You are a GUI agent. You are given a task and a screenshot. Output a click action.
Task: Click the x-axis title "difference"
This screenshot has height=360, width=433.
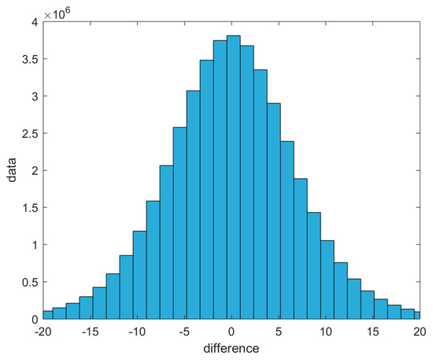[232, 347]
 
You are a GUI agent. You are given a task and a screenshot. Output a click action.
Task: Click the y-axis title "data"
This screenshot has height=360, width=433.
[12, 171]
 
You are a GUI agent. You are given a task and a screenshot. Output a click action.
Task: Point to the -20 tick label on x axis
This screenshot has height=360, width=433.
[43, 331]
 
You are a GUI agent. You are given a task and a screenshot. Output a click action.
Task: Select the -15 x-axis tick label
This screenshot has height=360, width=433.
[91, 331]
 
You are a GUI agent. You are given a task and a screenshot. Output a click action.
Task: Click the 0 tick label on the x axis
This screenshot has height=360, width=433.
[233, 331]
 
